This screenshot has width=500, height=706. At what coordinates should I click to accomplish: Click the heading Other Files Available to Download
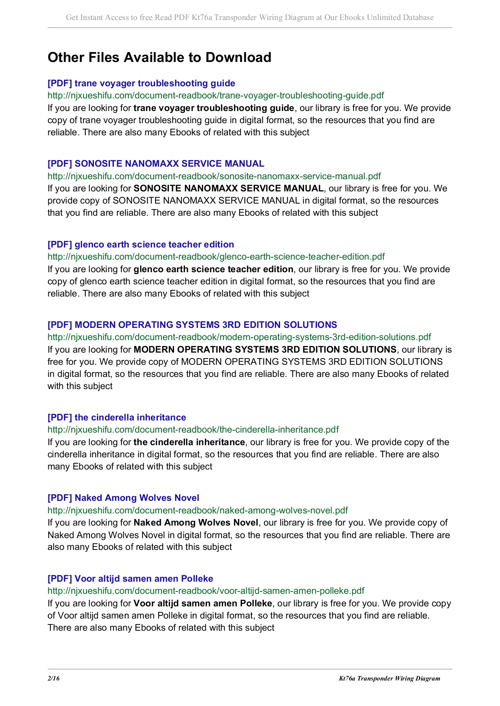coord(159,57)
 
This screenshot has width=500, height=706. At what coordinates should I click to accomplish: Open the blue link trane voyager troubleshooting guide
coord(141,83)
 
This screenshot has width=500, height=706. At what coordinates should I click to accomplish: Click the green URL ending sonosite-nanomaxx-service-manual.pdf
coord(214,176)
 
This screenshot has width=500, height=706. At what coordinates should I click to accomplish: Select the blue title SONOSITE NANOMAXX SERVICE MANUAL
coord(156,164)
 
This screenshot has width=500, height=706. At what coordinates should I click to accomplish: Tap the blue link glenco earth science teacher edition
coord(141,244)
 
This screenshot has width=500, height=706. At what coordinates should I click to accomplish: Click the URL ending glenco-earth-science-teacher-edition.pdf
coord(216,257)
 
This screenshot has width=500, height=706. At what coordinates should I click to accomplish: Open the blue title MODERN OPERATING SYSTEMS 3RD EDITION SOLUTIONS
coord(192,325)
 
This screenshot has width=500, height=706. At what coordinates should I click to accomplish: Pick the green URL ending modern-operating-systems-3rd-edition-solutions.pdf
coord(239,337)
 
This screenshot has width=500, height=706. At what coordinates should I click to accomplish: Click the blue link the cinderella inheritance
coord(117,417)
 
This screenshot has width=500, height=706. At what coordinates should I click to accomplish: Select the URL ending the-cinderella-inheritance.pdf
coord(193,429)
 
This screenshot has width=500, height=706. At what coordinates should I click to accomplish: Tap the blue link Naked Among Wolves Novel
coord(123,498)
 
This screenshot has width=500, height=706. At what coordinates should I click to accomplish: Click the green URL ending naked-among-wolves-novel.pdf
coord(198,510)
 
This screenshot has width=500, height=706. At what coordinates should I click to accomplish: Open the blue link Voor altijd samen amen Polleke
coord(130,579)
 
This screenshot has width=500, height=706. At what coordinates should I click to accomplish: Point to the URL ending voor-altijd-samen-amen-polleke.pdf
coord(206,591)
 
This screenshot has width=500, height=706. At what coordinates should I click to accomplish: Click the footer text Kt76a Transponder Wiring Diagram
coord(389,679)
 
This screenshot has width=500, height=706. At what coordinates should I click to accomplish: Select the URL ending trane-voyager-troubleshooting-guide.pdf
coord(216,95)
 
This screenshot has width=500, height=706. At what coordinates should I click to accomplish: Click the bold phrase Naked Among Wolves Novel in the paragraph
coord(196,522)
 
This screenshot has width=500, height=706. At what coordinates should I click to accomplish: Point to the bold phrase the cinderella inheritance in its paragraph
coord(189,442)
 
